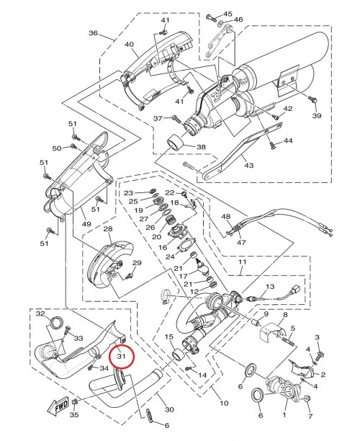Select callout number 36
tap(93, 33)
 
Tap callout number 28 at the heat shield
tap(108, 229)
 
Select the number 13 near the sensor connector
tap(270, 287)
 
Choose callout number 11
tap(242, 264)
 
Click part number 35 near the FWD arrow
tap(73, 415)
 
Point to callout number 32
tap(40, 314)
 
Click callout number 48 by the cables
tap(225, 217)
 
